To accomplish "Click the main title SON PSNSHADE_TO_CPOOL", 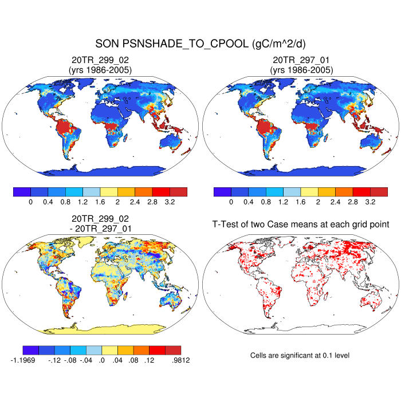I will [x=200, y=44].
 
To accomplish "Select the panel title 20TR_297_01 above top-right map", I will [x=301, y=60].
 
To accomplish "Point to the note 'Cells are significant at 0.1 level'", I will [x=300, y=355].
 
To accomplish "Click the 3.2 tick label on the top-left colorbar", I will [x=170, y=202].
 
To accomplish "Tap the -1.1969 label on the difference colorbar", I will [x=25, y=360].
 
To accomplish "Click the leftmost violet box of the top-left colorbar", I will [x=22, y=191].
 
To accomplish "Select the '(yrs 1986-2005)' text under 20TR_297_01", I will [x=301, y=70].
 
